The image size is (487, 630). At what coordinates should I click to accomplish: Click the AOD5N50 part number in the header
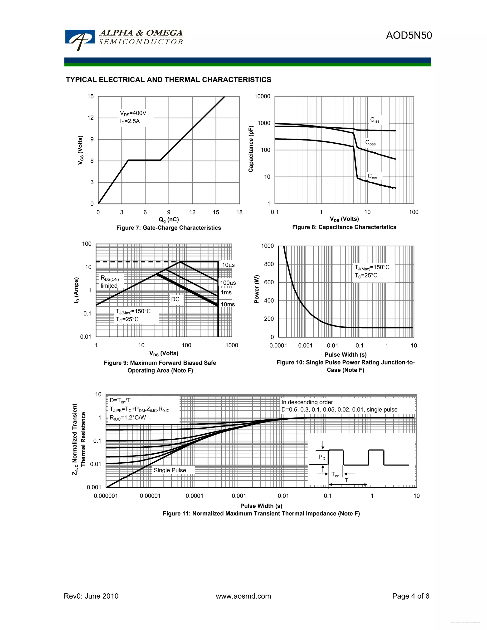(409, 35)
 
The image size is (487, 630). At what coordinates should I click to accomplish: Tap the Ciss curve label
(375, 120)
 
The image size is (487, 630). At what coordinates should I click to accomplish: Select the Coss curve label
(370, 143)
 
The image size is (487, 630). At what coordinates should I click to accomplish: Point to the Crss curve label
(372, 176)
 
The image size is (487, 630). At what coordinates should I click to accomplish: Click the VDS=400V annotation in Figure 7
(133, 113)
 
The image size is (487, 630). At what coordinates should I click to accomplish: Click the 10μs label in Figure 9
(228, 265)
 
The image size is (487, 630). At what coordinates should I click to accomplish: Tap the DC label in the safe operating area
(175, 299)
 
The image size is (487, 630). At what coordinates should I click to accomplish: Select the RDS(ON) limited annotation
(109, 282)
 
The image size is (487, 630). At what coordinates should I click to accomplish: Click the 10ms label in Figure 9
(228, 304)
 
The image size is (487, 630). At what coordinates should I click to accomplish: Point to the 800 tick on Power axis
(269, 264)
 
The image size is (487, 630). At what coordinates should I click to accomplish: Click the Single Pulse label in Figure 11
(170, 470)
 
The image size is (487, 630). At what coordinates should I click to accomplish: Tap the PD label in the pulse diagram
(322, 457)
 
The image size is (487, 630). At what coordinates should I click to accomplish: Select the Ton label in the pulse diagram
(335, 475)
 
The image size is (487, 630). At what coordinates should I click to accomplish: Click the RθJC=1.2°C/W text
(127, 417)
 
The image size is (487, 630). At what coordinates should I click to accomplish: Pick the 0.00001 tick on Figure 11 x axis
(150, 496)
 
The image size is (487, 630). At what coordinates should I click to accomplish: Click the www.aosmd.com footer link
(243, 596)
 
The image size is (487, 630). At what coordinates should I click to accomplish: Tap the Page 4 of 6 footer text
(410, 596)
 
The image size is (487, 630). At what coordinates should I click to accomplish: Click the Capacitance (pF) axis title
(251, 149)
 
